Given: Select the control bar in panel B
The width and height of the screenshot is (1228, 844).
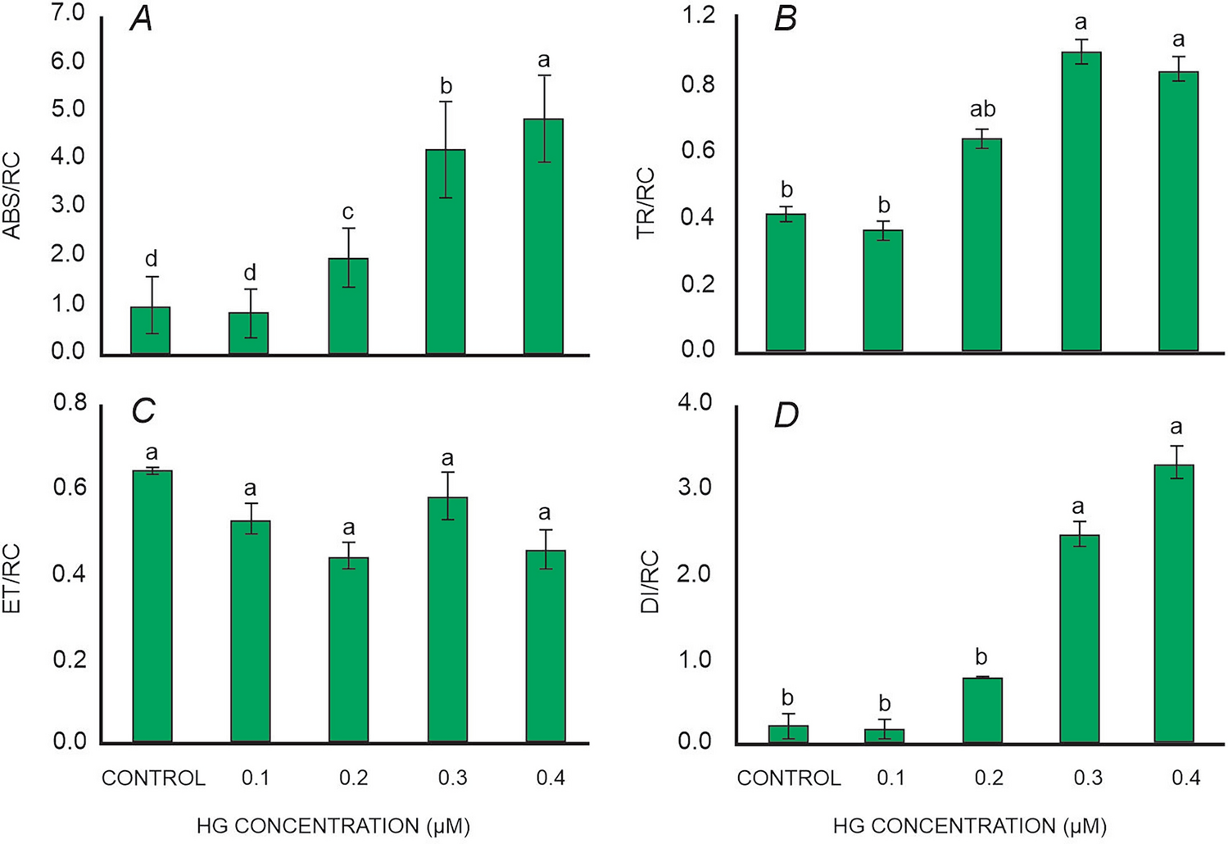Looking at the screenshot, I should (786, 283).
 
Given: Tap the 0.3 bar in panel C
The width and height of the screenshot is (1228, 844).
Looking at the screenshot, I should (447, 619).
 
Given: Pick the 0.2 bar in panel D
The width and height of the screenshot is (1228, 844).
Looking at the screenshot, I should (982, 710).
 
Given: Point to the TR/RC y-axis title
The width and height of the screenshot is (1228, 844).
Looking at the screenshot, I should (646, 202).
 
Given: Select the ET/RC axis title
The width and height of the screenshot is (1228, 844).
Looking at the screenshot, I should (12, 570).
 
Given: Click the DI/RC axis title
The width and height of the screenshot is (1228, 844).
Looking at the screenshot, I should (649, 571).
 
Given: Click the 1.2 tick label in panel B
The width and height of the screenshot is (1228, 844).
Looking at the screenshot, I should (698, 16).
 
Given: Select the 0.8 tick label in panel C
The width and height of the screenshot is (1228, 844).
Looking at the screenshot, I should (70, 403).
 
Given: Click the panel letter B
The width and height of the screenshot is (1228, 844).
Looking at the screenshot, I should (785, 19).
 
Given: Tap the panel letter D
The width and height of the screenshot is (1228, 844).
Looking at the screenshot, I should (786, 415).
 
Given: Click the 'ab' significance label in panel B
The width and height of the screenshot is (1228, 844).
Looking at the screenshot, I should (982, 110).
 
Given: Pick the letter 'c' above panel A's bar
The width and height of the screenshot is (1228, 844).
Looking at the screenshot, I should (348, 213).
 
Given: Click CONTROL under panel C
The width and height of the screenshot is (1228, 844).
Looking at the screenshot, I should (153, 778).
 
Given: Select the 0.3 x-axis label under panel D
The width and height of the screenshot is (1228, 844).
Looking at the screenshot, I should (1088, 778).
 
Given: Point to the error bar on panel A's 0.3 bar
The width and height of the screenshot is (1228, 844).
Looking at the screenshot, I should (446, 149).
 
